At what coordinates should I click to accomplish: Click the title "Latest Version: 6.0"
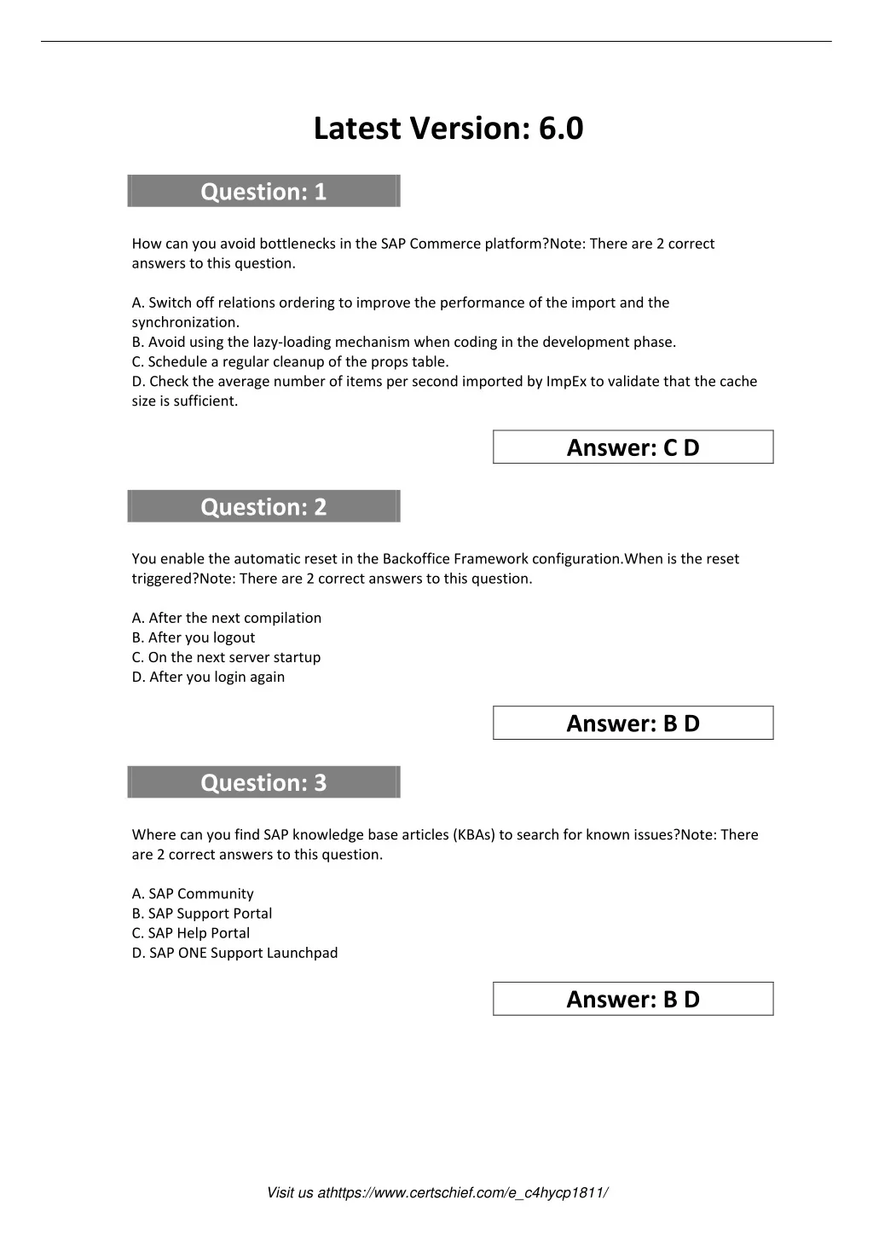(448, 129)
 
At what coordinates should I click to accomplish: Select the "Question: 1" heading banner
(263, 192)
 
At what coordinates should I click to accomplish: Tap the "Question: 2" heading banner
(263, 507)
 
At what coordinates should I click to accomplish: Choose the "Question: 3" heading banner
(263, 782)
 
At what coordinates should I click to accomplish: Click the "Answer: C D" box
(633, 447)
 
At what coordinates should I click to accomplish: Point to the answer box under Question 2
(633, 724)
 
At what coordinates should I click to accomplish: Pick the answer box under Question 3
(633, 999)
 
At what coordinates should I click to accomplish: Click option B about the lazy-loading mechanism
(403, 342)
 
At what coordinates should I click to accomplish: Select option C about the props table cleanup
(290, 361)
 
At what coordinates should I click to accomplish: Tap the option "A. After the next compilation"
(227, 618)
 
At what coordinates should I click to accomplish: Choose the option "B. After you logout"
(194, 637)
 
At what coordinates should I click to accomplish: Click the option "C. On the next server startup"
(226, 657)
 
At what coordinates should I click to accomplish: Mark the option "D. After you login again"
(208, 677)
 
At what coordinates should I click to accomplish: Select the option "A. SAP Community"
(193, 893)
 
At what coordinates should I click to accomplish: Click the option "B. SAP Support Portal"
(202, 913)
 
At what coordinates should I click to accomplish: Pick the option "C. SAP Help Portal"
(191, 932)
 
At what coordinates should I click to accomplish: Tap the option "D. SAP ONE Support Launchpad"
(234, 952)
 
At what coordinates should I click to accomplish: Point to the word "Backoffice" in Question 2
(416, 558)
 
